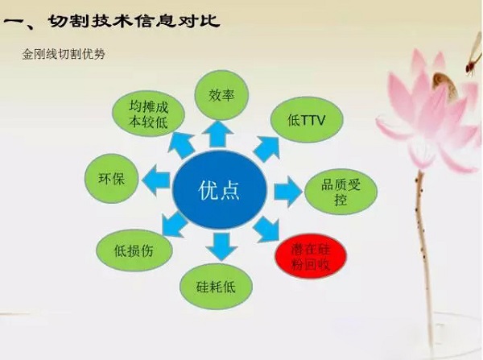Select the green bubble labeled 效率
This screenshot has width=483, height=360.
(x=220, y=95)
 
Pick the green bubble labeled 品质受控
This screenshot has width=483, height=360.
(x=336, y=191)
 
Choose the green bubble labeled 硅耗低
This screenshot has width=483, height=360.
(x=219, y=286)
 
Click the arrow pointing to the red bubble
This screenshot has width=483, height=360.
(x=266, y=233)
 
